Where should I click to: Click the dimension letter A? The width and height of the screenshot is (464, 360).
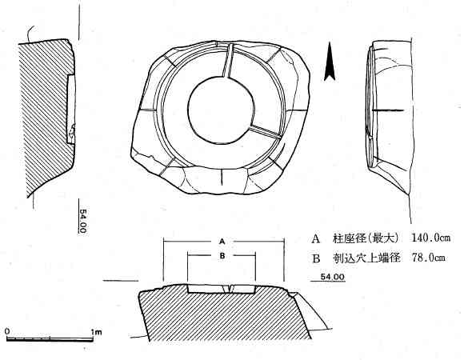coord(222,242)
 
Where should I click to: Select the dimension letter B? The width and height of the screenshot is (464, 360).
coord(222,255)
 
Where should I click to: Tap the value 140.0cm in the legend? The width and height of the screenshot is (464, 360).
coord(431,238)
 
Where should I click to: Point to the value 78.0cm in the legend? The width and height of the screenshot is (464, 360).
coord(429,258)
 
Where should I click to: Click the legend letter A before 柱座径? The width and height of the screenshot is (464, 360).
coord(316,238)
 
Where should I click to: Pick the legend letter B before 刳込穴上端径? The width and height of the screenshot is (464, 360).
coord(316,258)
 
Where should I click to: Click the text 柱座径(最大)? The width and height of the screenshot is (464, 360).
coord(366,238)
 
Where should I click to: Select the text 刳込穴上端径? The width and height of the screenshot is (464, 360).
coord(366,258)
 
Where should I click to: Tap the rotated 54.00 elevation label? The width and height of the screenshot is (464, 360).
coord(83,221)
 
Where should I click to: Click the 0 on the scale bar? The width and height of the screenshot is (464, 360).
coord(7,331)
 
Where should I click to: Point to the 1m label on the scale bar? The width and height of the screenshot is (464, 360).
coord(97,332)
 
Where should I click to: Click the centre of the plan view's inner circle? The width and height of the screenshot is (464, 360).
coord(221,110)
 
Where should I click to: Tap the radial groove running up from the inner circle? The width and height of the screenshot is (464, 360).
coord(227,61)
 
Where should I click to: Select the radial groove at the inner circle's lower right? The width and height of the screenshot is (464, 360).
coord(265,131)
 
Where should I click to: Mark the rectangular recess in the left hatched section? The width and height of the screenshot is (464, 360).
coord(70,109)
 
